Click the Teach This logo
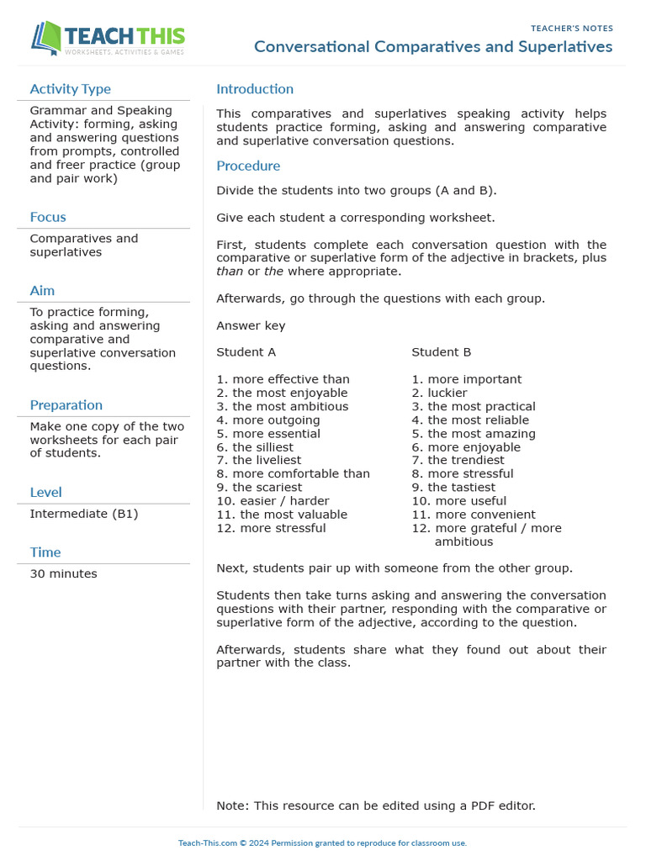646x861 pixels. pyautogui.click(x=108, y=38)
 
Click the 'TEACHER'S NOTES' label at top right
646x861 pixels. pyautogui.click(x=571, y=29)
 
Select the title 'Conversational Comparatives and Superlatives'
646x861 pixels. pyautogui.click(x=433, y=46)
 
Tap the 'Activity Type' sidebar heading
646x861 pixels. pyautogui.click(x=70, y=89)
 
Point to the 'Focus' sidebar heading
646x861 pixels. pyautogui.click(x=48, y=217)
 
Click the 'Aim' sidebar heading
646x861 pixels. pyautogui.click(x=42, y=291)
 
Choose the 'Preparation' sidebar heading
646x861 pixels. pyautogui.click(x=66, y=405)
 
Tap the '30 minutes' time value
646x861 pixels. pyautogui.click(x=63, y=573)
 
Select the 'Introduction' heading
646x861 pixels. pyautogui.click(x=255, y=89)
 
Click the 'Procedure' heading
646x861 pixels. pyautogui.click(x=248, y=166)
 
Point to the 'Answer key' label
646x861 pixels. pyautogui.click(x=251, y=325)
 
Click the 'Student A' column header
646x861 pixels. pyautogui.click(x=246, y=352)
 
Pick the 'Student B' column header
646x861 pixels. pyautogui.click(x=441, y=352)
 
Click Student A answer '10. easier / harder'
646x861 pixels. pyautogui.click(x=273, y=501)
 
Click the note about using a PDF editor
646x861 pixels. pyautogui.click(x=375, y=806)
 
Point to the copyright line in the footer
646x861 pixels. pyautogui.click(x=322, y=843)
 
